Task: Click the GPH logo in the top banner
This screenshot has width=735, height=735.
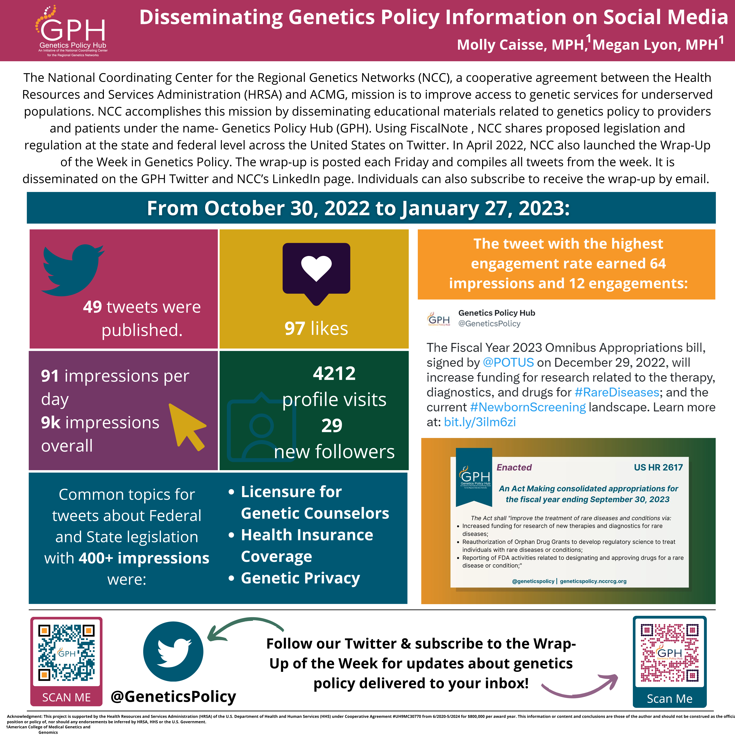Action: click(72, 30)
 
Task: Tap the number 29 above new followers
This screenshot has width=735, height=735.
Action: click(332, 425)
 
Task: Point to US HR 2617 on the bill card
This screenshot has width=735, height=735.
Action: click(658, 468)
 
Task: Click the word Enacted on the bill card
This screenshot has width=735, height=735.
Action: click(514, 468)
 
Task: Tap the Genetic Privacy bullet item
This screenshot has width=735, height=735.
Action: click(300, 578)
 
